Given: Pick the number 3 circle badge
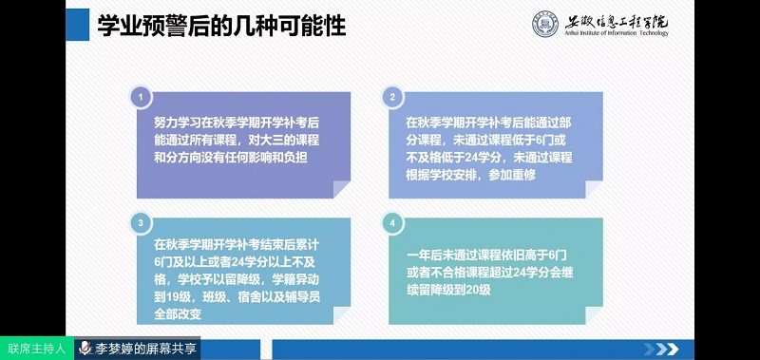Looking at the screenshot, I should [x=141, y=221].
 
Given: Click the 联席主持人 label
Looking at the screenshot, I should [x=36, y=349].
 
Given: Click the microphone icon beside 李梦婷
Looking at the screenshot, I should [x=85, y=349].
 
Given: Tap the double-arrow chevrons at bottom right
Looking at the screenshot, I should [x=670, y=348].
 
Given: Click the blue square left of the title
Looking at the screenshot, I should [x=71, y=26].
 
